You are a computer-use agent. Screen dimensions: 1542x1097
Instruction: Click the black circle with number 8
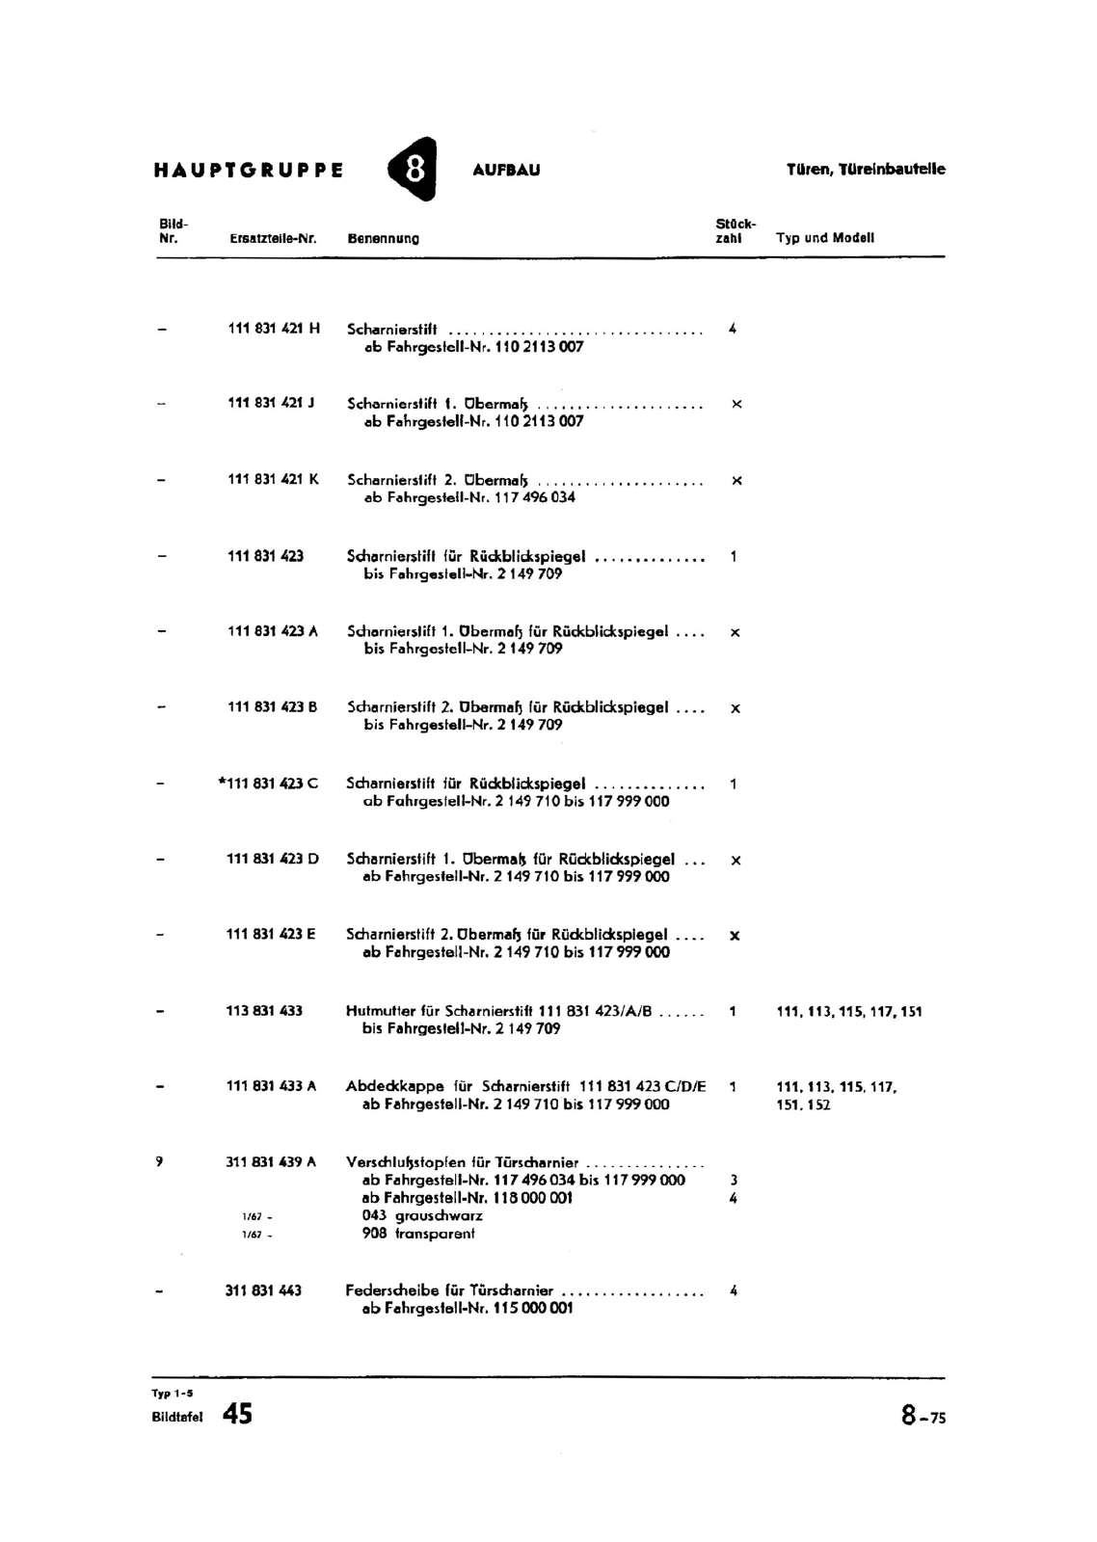[413, 170]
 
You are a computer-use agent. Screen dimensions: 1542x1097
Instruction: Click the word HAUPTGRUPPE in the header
[249, 171]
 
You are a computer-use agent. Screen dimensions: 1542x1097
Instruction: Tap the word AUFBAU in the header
[506, 171]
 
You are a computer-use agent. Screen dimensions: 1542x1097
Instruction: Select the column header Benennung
[383, 238]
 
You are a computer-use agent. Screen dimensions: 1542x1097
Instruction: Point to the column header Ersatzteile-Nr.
[273, 238]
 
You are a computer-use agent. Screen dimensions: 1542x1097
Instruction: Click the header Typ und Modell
[824, 238]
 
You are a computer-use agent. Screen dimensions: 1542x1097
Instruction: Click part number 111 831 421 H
[273, 328]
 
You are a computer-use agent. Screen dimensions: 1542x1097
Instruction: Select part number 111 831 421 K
[273, 479]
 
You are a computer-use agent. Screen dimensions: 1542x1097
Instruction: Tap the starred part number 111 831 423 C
[269, 784]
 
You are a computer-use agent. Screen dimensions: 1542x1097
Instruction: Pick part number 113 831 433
[264, 1011]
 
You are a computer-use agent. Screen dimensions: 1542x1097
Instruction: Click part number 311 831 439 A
[271, 1162]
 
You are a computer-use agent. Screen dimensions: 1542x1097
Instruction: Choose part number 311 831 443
[263, 1290]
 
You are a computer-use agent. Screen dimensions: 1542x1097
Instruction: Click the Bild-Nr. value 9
[159, 1162]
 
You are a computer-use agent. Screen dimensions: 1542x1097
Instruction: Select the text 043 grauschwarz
[422, 1216]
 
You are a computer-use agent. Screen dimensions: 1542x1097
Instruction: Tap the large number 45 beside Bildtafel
[237, 1415]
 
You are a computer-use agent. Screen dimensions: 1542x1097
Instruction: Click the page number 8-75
[923, 1416]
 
